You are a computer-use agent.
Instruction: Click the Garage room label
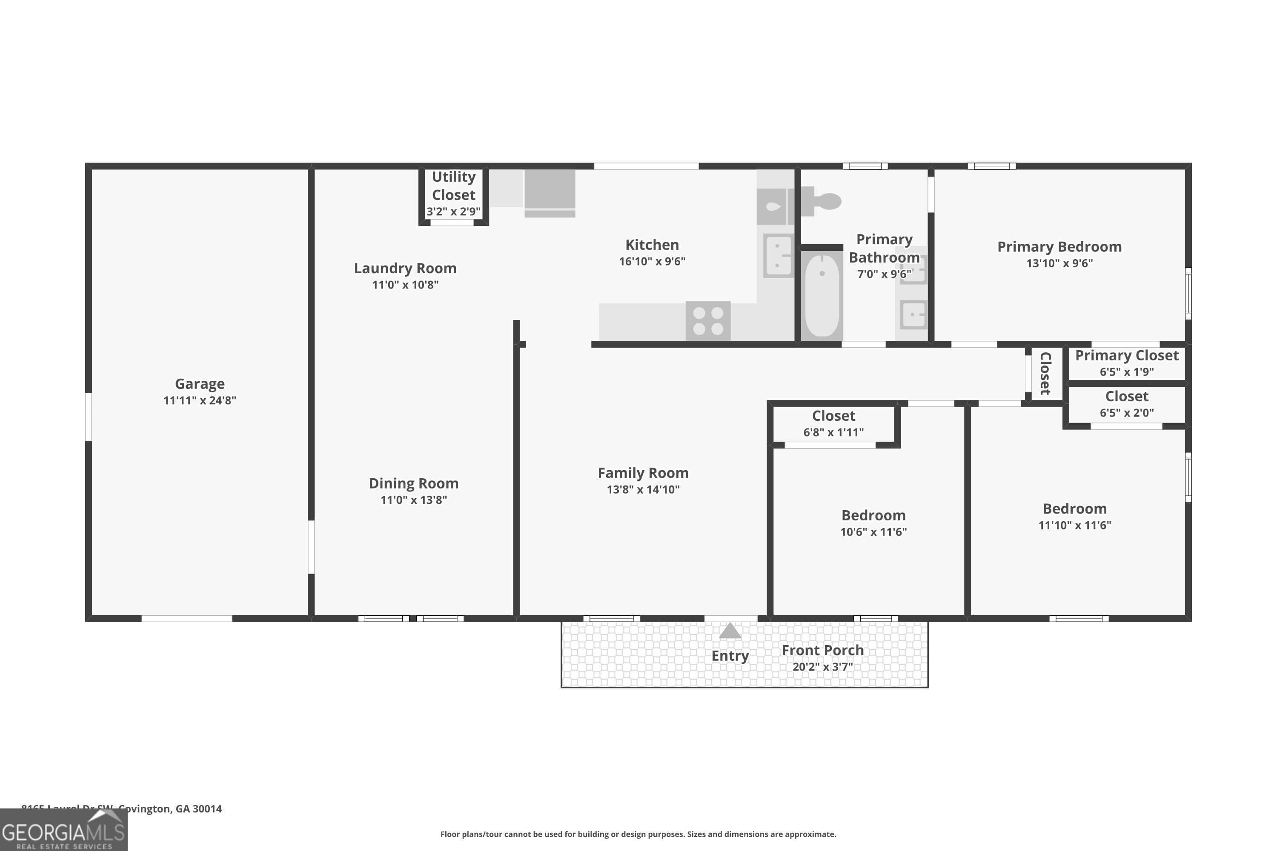199,384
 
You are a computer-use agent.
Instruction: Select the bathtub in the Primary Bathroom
822,296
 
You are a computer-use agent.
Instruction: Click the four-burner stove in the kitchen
707,321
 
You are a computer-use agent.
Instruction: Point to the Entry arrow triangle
730,631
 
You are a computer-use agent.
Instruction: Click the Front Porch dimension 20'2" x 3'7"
822,666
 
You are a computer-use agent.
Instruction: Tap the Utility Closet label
453,186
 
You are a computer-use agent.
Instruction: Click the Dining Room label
413,483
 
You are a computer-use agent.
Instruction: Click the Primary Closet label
1127,355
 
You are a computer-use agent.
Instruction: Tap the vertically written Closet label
1045,374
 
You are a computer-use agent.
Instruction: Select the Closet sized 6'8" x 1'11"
833,416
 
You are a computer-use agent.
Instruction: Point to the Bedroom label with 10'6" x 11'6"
873,515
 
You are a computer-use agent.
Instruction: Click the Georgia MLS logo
63,831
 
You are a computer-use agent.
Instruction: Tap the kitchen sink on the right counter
778,256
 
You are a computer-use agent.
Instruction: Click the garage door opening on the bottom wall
187,619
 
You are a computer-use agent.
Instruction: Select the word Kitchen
652,245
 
